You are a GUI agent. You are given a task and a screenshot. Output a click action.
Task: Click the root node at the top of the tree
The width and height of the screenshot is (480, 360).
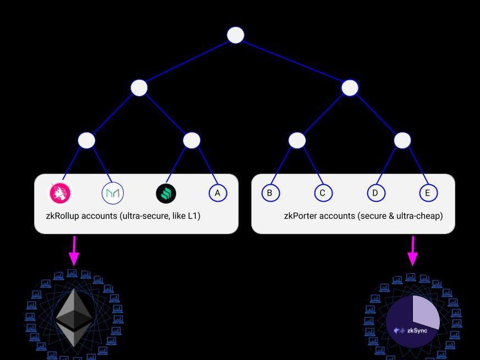(x=235, y=35)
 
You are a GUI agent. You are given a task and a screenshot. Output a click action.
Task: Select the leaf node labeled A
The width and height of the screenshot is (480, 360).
(x=218, y=193)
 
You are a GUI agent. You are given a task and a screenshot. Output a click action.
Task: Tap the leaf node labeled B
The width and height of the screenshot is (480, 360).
(x=269, y=193)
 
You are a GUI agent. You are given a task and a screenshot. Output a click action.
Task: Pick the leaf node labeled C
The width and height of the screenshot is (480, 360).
(x=323, y=193)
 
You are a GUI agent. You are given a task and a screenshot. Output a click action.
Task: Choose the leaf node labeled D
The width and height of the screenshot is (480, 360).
(x=376, y=193)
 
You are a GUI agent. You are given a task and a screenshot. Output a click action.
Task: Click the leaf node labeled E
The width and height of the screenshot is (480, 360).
(x=428, y=193)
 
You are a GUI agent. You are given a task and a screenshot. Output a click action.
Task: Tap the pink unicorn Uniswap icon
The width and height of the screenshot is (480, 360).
(x=60, y=193)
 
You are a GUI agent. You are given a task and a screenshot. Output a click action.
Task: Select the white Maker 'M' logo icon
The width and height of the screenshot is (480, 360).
(x=113, y=193)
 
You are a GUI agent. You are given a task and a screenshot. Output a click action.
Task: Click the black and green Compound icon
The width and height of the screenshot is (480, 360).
(x=165, y=193)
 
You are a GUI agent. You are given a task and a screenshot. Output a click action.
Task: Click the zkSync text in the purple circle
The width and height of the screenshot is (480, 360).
(x=417, y=330)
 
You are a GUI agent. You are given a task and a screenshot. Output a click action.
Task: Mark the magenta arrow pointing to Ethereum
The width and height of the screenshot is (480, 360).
(x=74, y=251)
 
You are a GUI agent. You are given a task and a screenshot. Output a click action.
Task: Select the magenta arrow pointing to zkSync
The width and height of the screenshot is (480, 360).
(x=412, y=251)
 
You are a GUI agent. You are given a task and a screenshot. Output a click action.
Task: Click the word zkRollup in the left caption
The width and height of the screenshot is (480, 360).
(x=63, y=216)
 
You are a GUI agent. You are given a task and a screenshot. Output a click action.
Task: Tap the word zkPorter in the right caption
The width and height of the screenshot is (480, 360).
(x=301, y=216)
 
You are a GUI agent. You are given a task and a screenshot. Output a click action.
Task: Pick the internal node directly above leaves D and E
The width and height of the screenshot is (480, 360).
(x=402, y=140)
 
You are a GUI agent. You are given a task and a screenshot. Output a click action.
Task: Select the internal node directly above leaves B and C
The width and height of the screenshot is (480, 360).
(x=297, y=140)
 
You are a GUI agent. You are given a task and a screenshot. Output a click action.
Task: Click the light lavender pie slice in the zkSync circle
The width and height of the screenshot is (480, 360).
(x=424, y=311)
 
